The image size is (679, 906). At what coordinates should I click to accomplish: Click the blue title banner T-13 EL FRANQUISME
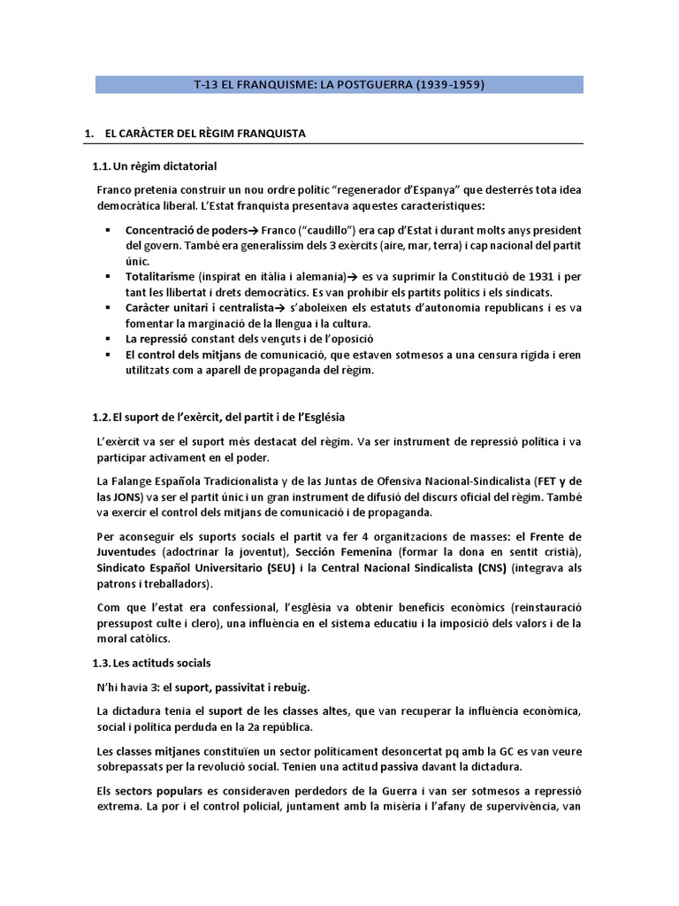coord(339,85)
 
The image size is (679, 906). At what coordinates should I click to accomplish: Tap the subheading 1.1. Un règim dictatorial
coord(155,166)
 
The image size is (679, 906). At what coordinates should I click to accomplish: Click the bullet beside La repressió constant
coord(106,340)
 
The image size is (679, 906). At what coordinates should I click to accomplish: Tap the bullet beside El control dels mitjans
coord(106,356)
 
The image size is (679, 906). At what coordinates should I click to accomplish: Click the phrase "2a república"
coord(278,726)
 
